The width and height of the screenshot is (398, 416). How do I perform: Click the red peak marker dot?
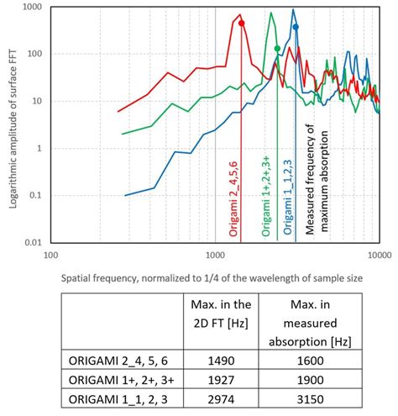pyautogui.click(x=242, y=24)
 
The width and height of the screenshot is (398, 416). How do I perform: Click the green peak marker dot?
pyautogui.click(x=278, y=49)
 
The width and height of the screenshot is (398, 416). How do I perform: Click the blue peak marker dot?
pyautogui.click(x=296, y=28)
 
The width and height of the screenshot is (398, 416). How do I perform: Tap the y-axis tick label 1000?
pyautogui.click(x=32, y=7)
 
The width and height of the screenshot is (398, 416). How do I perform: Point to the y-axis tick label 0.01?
pyautogui.click(x=32, y=243)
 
